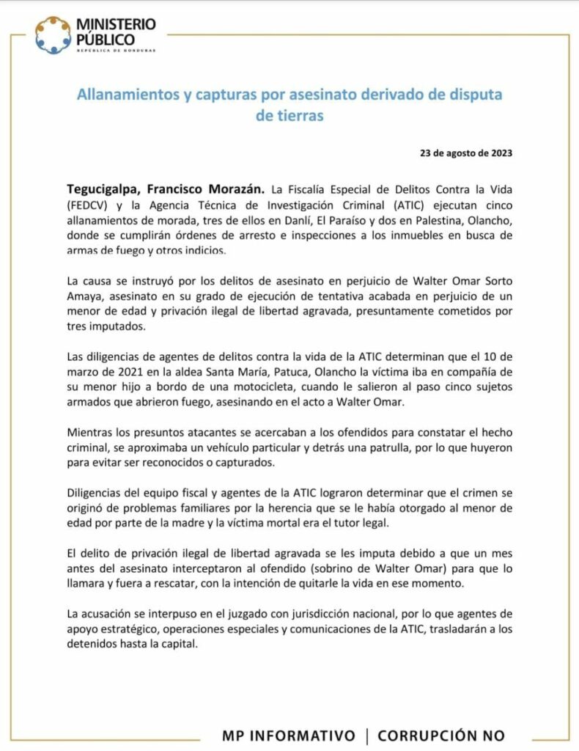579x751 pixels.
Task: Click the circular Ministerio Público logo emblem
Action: tap(53, 35)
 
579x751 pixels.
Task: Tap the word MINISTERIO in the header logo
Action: tap(116, 25)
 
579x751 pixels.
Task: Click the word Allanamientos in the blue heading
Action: tap(125, 95)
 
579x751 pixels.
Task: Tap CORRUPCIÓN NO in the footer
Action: tap(441, 735)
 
